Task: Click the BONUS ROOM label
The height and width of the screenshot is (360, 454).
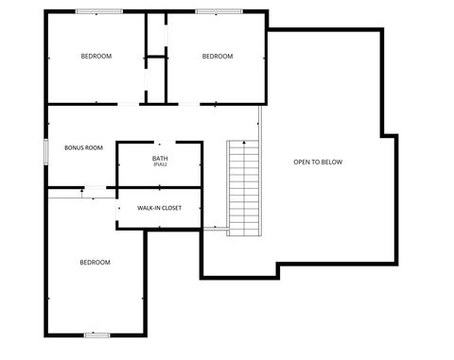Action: (x=83, y=148)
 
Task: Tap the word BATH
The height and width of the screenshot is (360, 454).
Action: (x=160, y=158)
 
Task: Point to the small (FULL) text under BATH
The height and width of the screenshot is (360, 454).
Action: (x=160, y=164)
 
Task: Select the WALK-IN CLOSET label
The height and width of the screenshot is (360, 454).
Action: (x=159, y=207)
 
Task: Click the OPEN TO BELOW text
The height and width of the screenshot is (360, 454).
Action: (x=318, y=163)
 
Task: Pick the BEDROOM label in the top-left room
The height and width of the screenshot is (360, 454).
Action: (x=96, y=57)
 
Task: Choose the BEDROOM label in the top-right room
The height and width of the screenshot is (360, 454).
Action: (x=218, y=57)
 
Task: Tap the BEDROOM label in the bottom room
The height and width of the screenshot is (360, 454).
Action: (x=95, y=262)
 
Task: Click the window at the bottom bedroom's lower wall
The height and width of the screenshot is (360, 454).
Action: (x=96, y=334)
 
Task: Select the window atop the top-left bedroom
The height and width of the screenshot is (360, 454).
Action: (x=98, y=11)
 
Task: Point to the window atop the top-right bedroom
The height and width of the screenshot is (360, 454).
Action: (x=218, y=11)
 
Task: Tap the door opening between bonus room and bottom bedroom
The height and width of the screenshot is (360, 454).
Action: (x=97, y=188)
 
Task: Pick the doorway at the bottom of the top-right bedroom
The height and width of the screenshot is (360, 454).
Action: (x=190, y=103)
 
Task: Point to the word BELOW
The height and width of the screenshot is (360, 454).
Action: (x=331, y=163)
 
